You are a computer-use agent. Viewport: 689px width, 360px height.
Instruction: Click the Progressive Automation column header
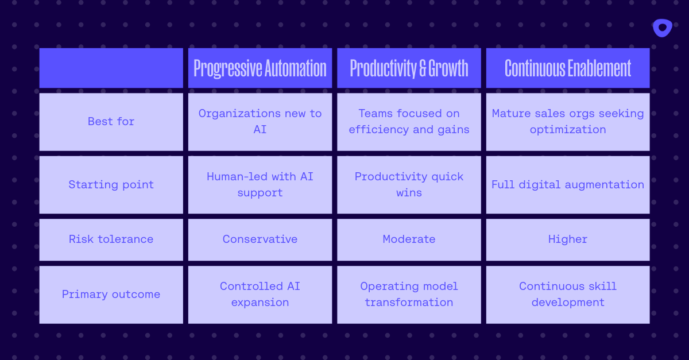[x=260, y=68]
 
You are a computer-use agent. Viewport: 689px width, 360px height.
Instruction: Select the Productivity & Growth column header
[x=409, y=68]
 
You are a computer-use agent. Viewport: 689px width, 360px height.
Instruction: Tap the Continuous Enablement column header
[x=568, y=68]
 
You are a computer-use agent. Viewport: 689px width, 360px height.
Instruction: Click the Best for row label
[x=111, y=122]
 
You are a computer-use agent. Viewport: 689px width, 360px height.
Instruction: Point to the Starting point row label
[x=111, y=185]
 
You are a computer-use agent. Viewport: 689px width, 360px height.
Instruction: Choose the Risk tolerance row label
[x=111, y=239]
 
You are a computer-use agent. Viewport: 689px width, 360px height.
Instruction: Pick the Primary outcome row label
[x=111, y=295]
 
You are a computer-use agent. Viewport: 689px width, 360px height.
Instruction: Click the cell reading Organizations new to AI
[x=260, y=122]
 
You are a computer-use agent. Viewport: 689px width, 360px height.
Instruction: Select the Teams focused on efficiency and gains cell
[x=409, y=122]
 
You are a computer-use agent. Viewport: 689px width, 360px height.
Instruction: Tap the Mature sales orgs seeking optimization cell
[x=568, y=122]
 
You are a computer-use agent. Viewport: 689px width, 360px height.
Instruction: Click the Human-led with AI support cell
[x=260, y=185]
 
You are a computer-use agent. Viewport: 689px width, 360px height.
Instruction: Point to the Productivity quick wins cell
[x=409, y=185]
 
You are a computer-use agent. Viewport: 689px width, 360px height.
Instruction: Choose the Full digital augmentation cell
[x=568, y=185]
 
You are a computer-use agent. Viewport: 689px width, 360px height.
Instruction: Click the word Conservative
[x=260, y=239]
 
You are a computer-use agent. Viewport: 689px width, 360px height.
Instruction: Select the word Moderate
[x=409, y=239]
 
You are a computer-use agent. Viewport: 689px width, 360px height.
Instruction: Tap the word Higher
[x=568, y=239]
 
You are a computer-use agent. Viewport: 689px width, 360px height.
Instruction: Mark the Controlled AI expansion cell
[x=260, y=295]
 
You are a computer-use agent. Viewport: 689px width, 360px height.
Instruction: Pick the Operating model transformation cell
[x=409, y=295]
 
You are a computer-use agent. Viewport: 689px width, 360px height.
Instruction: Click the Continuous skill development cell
[x=568, y=295]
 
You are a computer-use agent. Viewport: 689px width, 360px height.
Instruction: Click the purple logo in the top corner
[x=662, y=28]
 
